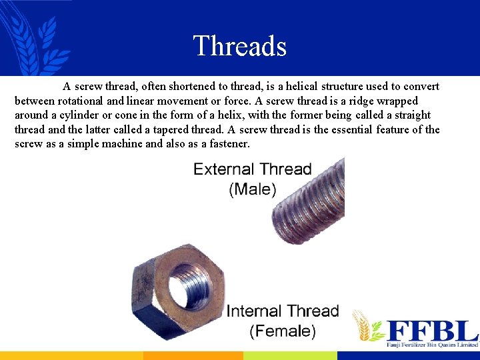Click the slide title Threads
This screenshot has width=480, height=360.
tap(239, 46)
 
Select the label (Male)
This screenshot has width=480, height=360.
tap(252, 189)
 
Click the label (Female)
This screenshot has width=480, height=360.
tap(283, 331)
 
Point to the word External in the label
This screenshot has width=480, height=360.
tap(223, 169)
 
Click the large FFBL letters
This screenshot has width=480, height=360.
tap(433, 331)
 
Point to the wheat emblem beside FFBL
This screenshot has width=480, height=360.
tap(367, 327)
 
